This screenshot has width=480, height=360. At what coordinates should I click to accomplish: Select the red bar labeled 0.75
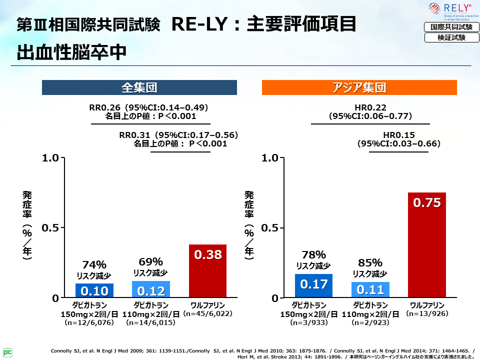pos(426,245)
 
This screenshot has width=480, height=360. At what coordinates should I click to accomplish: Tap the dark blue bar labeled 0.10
pos(94,290)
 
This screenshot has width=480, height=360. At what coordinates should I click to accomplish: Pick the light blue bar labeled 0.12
pos(151,289)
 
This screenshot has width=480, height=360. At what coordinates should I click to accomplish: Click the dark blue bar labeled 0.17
pos(313,285)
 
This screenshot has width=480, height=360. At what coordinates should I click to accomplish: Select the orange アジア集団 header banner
pos(359,88)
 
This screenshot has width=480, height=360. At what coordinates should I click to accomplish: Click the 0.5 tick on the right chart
pos(273,228)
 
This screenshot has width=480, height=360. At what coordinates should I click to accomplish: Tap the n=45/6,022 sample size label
pos(207,314)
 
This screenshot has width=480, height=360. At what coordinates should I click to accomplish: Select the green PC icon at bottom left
pos(7,351)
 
